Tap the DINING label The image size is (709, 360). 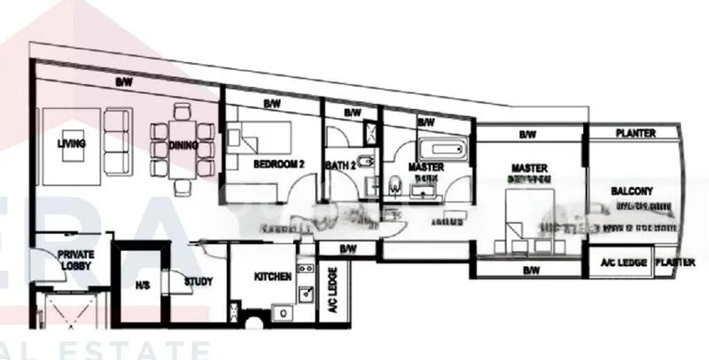183,145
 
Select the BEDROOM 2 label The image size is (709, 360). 278,164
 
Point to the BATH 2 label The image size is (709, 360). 341,164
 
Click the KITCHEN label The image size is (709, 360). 273,277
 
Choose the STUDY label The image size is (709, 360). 198,283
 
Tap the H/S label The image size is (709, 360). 143,286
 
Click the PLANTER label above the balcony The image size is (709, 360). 635,134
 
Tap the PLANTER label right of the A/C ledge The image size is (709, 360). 675,263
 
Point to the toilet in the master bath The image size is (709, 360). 394,186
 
